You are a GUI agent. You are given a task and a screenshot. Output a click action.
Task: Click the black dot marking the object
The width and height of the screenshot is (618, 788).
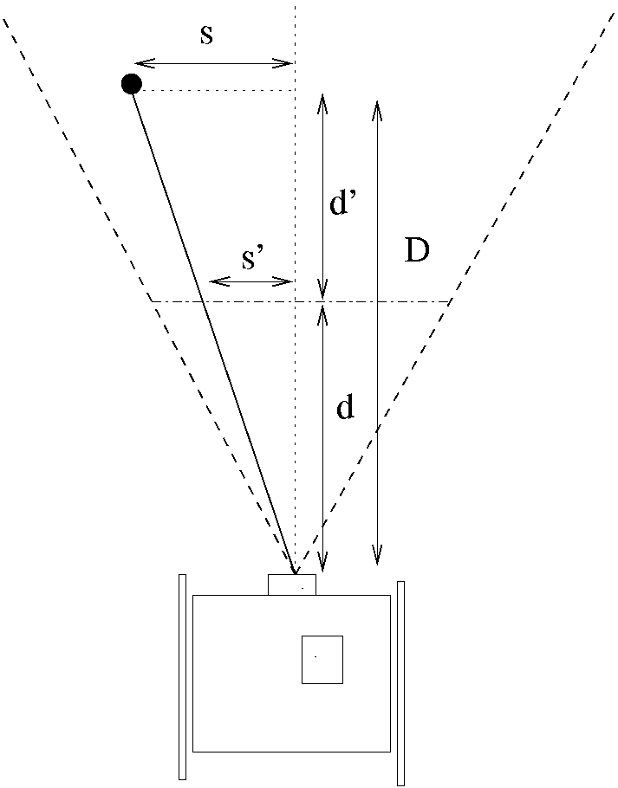pyautogui.click(x=131, y=84)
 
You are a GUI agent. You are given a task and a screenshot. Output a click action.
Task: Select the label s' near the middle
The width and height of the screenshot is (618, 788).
pyautogui.click(x=252, y=259)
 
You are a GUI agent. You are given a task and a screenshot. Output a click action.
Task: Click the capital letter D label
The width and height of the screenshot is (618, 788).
pyautogui.click(x=417, y=252)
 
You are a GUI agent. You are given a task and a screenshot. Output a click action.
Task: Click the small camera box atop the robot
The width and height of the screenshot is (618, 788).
pyautogui.click(x=291, y=585)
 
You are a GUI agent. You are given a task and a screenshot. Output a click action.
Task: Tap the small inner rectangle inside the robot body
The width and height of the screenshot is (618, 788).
pyautogui.click(x=322, y=659)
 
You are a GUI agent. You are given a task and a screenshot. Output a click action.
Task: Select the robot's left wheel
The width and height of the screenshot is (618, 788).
pyautogui.click(x=182, y=676)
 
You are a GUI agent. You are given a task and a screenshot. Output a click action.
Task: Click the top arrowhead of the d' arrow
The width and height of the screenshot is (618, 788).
pyautogui.click(x=323, y=100)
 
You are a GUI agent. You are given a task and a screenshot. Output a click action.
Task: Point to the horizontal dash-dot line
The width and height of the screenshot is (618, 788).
pyautogui.click(x=390, y=301)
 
